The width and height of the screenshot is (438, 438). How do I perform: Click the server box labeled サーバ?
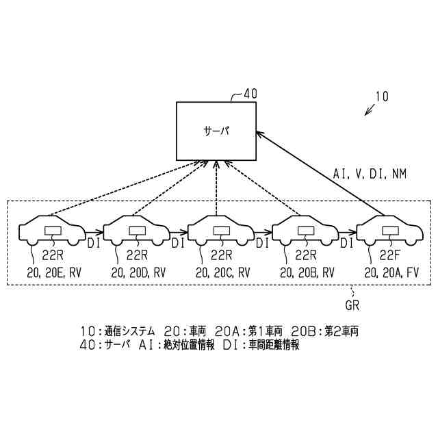[x=216, y=130]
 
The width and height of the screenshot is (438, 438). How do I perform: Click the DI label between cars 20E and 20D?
[x=94, y=242]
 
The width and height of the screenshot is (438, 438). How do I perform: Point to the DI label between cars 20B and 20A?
[x=347, y=242]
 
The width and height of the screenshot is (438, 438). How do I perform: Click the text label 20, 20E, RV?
[x=53, y=272]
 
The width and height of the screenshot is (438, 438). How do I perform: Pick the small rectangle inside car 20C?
[x=222, y=231]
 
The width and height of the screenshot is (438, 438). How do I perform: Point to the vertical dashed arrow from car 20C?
[x=217, y=188]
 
